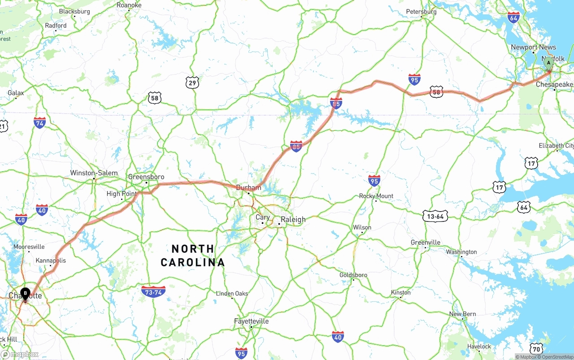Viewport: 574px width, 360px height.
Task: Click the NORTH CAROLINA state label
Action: (x=193, y=256)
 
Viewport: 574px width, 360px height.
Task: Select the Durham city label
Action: (x=248, y=187)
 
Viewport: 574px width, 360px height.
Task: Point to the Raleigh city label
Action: (x=293, y=219)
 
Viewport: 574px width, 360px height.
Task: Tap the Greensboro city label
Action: (x=146, y=177)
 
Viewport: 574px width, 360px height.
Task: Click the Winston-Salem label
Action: (x=94, y=173)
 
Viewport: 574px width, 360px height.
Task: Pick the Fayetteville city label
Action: (x=251, y=321)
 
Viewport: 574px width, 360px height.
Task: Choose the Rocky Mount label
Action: (x=376, y=196)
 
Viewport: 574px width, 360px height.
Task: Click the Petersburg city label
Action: (x=421, y=12)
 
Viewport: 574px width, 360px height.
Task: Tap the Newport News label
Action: (x=533, y=47)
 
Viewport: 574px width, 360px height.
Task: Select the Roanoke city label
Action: (x=129, y=5)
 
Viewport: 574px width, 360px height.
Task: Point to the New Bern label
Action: (x=463, y=314)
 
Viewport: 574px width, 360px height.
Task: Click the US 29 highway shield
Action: (x=192, y=82)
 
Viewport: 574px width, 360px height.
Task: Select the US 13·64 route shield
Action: (x=435, y=217)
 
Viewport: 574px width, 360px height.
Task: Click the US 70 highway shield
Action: (x=537, y=348)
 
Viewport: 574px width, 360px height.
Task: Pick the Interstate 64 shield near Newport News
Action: (x=514, y=17)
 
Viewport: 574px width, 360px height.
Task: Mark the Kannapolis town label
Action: (x=51, y=260)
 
